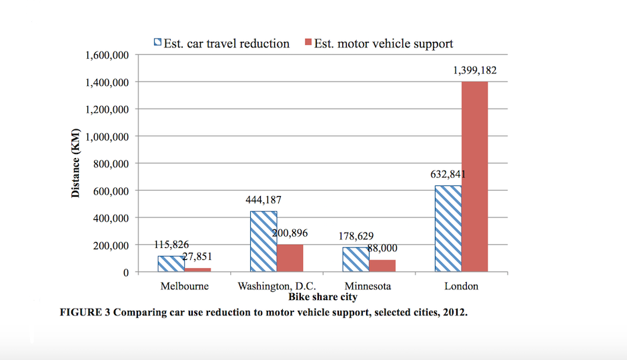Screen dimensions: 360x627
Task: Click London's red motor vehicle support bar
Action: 474,177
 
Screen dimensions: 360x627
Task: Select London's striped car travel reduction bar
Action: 448,229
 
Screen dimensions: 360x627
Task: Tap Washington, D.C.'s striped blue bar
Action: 263,241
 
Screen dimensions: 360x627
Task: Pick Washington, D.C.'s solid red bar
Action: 290,258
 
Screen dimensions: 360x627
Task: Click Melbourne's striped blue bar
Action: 171,264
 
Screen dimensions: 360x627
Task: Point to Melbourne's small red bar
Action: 197,270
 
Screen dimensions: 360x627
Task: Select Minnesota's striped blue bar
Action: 356,260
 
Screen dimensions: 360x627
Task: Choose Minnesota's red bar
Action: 382,265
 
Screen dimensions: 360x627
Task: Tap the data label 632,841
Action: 448,175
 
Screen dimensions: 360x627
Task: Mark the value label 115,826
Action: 171,245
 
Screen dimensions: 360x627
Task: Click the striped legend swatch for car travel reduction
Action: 158,43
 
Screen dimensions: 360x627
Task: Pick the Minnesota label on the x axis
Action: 367,286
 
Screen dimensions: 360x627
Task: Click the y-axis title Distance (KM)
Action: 76,164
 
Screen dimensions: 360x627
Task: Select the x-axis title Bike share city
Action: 323,297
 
